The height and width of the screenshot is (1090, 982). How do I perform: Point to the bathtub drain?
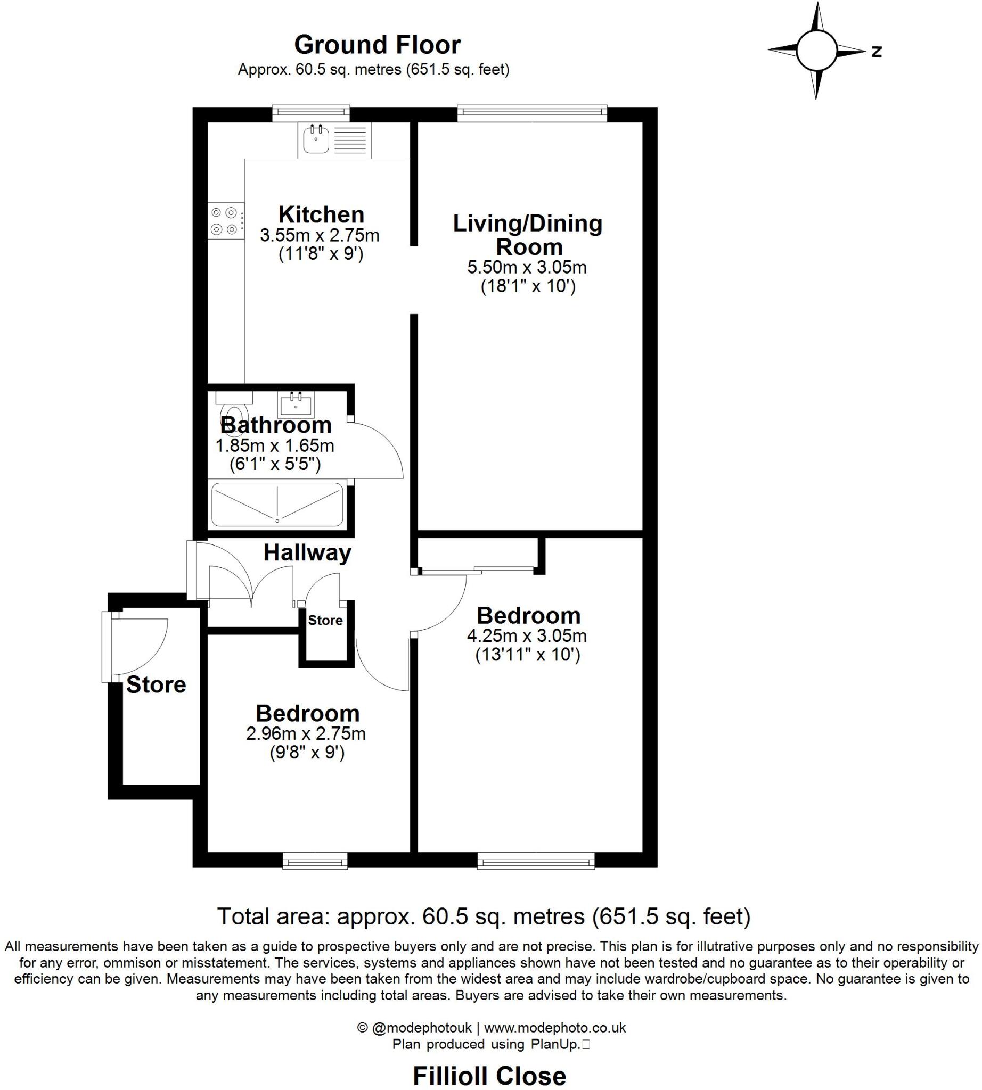pyautogui.click(x=277, y=521)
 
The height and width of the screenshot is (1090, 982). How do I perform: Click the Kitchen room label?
pyautogui.click(x=321, y=214)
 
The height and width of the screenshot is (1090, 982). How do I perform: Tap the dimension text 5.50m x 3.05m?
pyautogui.click(x=527, y=267)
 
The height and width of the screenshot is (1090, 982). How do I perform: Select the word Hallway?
pyautogui.click(x=307, y=553)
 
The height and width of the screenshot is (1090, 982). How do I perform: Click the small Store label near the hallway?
pyautogui.click(x=325, y=620)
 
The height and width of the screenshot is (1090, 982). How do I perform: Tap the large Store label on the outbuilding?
pyautogui.click(x=156, y=684)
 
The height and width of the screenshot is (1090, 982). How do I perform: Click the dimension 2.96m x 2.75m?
pyautogui.click(x=306, y=733)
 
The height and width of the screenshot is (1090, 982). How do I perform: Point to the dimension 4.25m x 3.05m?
pyautogui.click(x=527, y=635)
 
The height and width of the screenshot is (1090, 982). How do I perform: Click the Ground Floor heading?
pyautogui.click(x=377, y=45)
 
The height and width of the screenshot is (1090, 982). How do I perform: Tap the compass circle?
pyautogui.click(x=816, y=51)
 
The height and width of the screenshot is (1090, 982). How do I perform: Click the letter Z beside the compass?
pyautogui.click(x=877, y=52)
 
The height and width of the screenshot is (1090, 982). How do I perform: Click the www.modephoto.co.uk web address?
pyautogui.click(x=555, y=1028)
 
